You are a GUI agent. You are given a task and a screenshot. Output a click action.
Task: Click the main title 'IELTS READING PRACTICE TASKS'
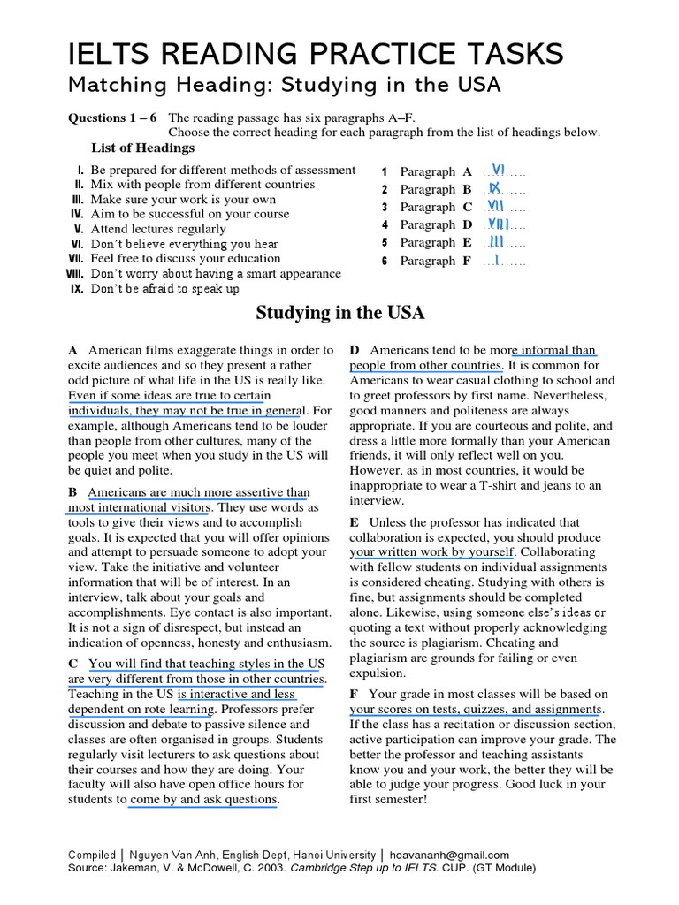(x=316, y=54)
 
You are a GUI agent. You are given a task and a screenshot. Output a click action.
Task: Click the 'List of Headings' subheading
(x=142, y=148)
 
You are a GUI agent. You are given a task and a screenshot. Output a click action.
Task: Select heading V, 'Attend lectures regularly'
(x=159, y=229)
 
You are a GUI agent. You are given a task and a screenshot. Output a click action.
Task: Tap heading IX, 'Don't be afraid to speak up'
(x=164, y=289)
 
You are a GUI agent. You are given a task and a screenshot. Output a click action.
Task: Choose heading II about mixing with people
(x=202, y=185)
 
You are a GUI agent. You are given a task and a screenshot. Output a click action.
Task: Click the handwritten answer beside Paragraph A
(x=498, y=170)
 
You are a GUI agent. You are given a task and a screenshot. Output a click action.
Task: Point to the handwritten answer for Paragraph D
(x=499, y=224)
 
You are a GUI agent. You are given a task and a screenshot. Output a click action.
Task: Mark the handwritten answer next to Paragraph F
(x=498, y=260)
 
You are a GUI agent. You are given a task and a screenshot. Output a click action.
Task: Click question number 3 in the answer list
(x=385, y=208)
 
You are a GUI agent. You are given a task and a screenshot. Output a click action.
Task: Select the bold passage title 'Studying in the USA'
(x=339, y=313)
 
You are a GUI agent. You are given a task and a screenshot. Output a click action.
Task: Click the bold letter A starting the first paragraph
(x=73, y=350)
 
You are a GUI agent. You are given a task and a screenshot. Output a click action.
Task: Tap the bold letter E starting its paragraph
(x=355, y=522)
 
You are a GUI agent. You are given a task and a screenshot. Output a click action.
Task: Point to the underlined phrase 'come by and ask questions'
(x=203, y=800)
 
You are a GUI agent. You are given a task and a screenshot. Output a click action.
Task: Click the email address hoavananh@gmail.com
(x=450, y=855)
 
